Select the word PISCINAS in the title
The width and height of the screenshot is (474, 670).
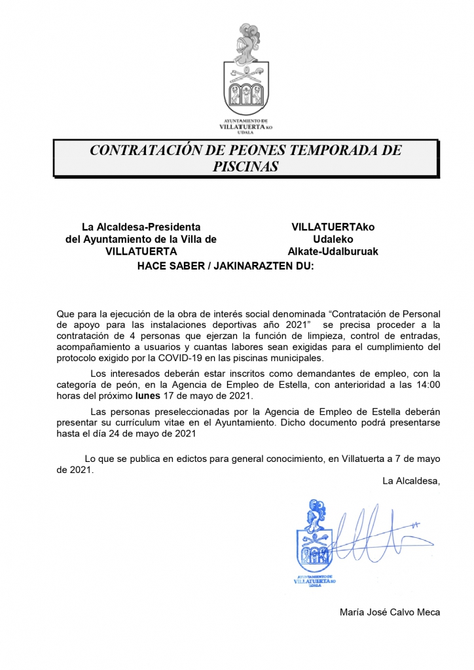click(x=246, y=166)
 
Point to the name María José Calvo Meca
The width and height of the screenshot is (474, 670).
click(x=390, y=612)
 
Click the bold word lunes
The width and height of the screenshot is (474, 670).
click(x=147, y=396)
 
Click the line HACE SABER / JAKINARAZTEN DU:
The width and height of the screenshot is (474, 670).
click(x=226, y=266)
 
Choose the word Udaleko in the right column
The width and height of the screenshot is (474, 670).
click(x=333, y=239)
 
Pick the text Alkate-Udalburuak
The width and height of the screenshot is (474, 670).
click(x=333, y=251)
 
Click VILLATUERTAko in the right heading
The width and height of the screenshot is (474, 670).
click(x=333, y=227)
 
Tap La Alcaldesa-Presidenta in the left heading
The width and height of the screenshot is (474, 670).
click(x=141, y=227)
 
